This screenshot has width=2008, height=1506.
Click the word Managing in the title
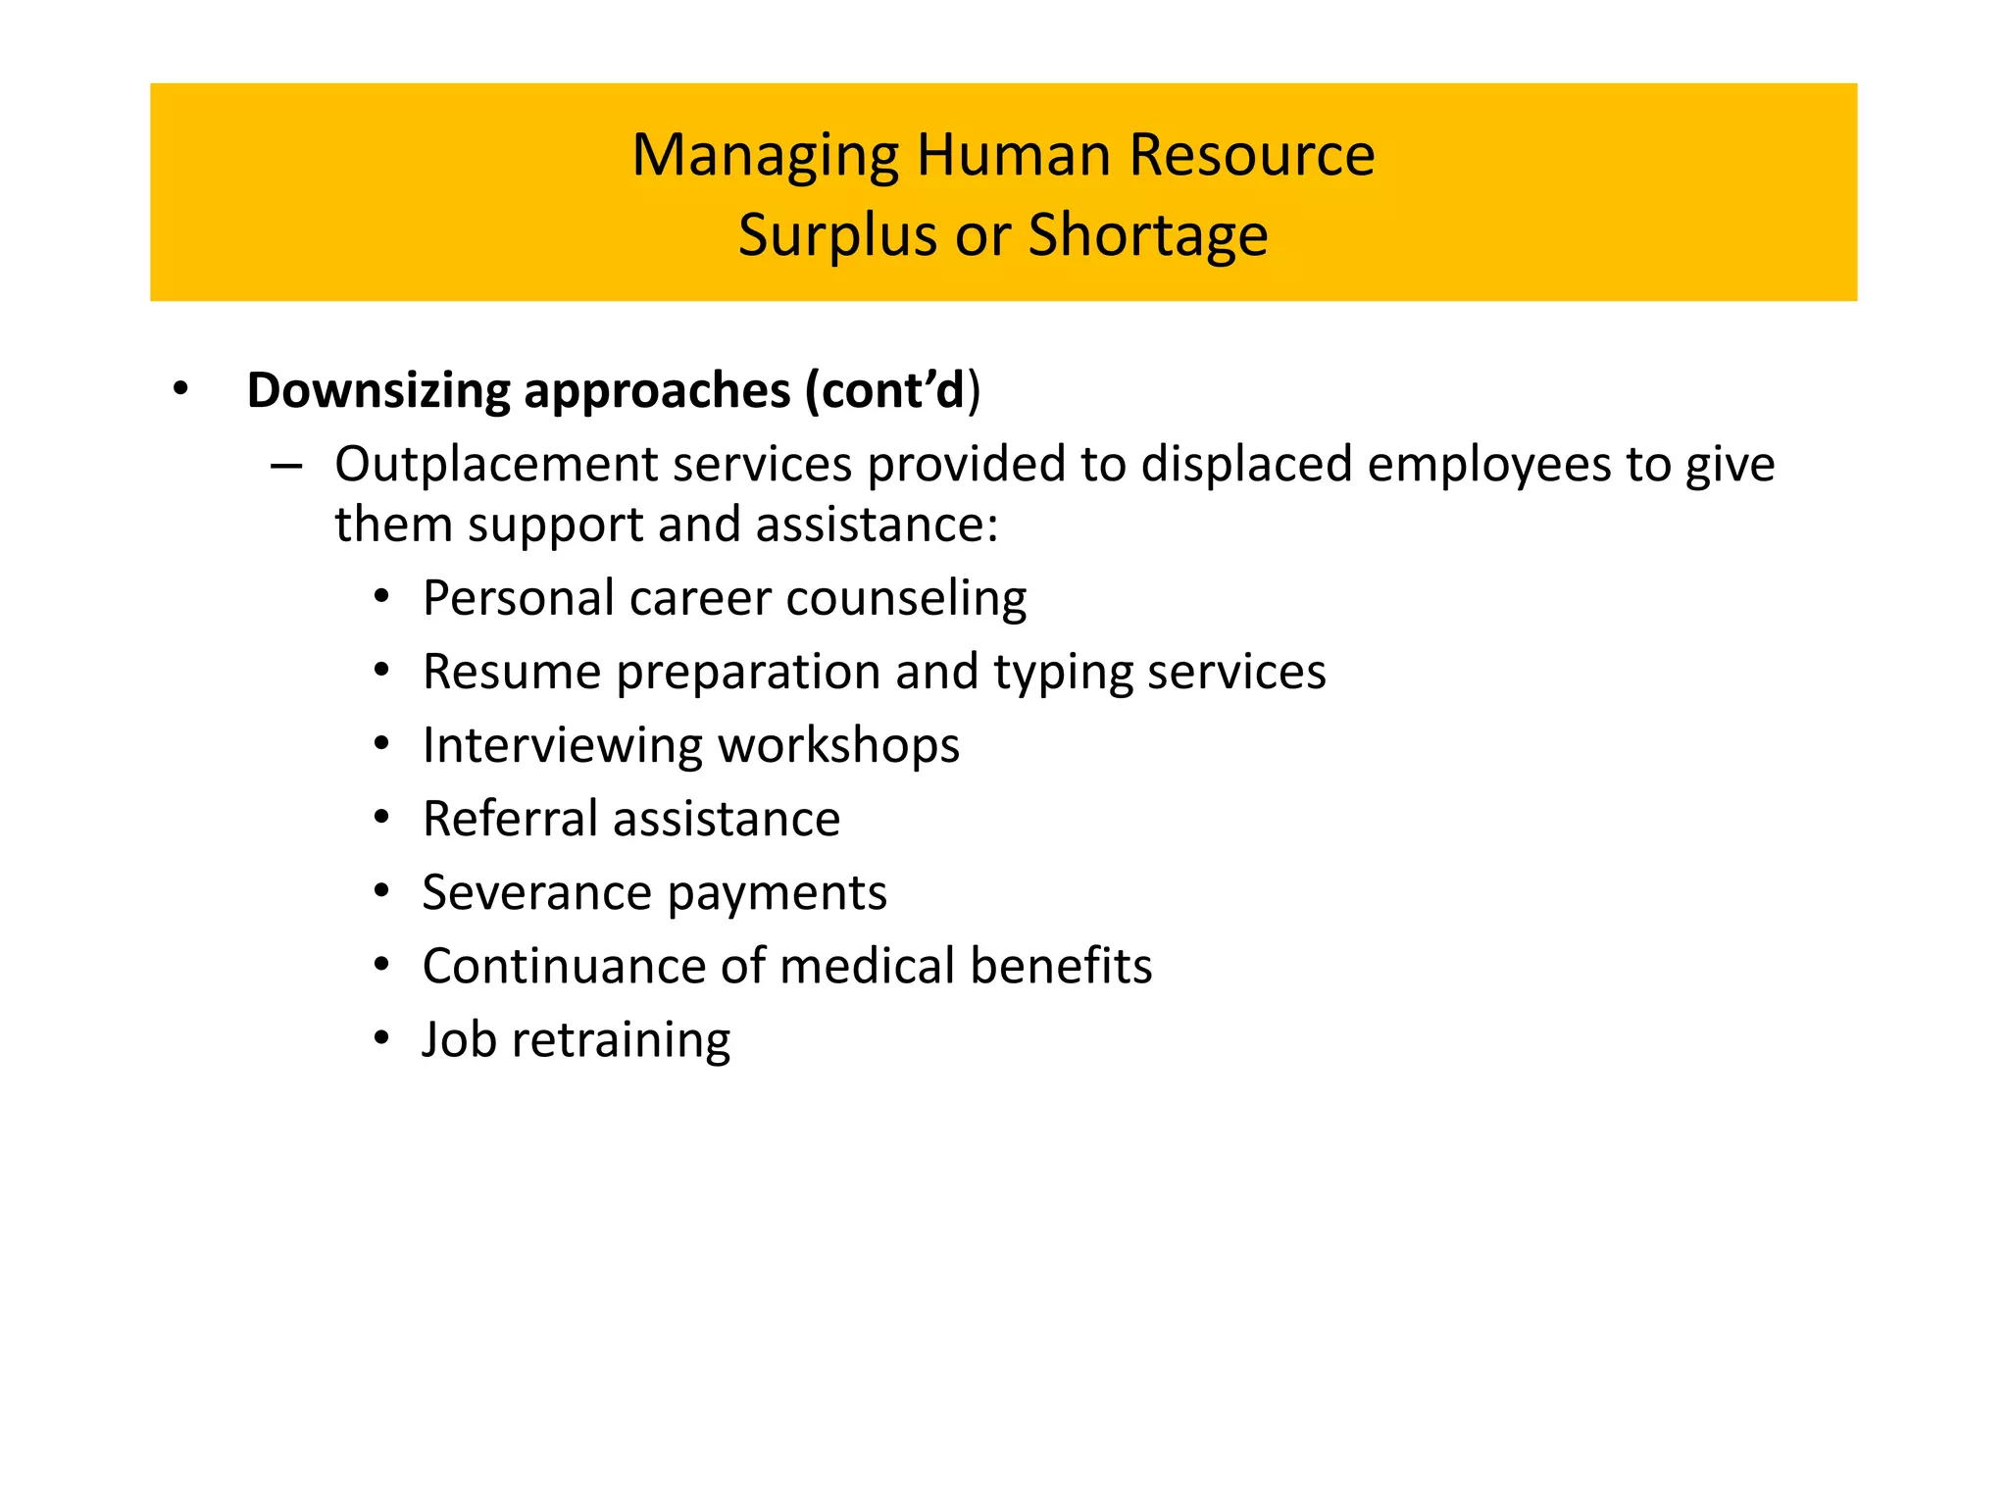pyautogui.click(x=765, y=157)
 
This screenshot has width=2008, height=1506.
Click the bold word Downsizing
pyautogui.click(x=378, y=391)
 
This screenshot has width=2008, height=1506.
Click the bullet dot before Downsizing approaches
pyautogui.click(x=179, y=390)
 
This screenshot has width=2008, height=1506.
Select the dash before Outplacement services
pyautogui.click(x=285, y=466)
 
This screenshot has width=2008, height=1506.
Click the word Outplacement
pyautogui.click(x=495, y=465)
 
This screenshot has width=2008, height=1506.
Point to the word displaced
pyautogui.click(x=1247, y=464)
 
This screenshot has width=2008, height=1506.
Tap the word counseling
pyautogui.click(x=906, y=599)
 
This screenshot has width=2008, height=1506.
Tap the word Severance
pyautogui.click(x=536, y=893)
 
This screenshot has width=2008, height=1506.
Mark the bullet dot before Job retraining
pyautogui.click(x=382, y=1038)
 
